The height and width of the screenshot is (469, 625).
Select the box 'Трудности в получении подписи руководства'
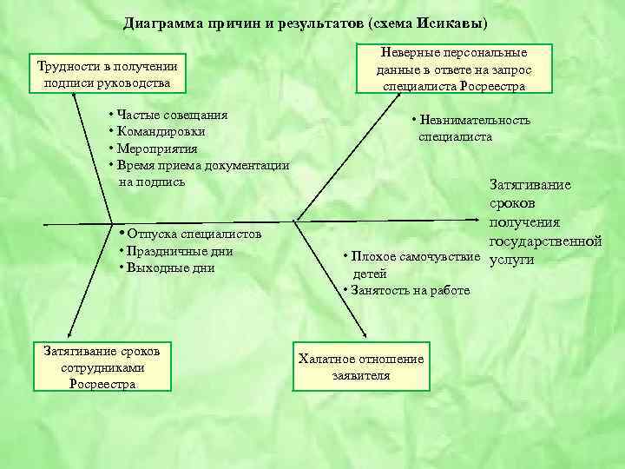coord(108,74)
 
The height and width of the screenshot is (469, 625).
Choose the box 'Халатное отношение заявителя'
coord(361,367)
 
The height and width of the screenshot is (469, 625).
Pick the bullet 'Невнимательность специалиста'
coord(473,129)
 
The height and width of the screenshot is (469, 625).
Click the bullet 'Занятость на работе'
coord(410,290)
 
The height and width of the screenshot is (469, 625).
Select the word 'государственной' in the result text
coord(545,241)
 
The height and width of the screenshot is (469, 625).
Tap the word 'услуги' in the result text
coord(512,259)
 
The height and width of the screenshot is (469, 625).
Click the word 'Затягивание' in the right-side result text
coord(530,185)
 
